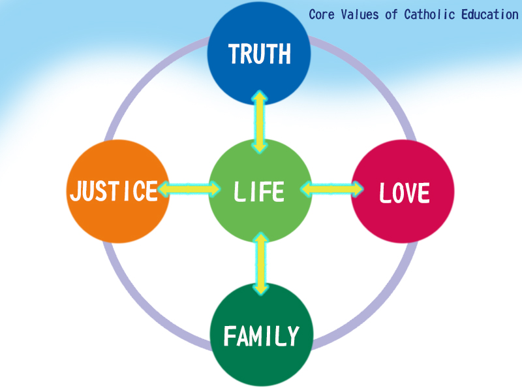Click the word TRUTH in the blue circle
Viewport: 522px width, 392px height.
tap(259, 54)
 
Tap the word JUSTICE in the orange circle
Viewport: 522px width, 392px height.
tap(114, 191)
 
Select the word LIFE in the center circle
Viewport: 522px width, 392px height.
tap(259, 191)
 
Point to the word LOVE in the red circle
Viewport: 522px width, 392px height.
tap(405, 193)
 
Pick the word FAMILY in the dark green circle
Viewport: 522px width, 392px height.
tap(262, 336)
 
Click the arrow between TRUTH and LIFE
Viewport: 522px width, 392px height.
tap(259, 122)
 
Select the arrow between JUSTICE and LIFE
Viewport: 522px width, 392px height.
tap(189, 189)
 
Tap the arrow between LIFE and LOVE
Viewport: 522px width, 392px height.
tap(332, 189)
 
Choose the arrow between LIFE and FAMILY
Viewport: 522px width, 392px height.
tap(260, 264)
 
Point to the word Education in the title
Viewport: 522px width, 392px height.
tap(490, 14)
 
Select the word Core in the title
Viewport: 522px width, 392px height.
tap(321, 14)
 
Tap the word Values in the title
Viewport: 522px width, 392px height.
tap(360, 14)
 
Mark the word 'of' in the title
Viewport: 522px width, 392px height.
tap(391, 14)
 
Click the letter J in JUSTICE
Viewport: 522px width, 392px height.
tap(76, 191)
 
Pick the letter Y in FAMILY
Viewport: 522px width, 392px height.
tap(292, 336)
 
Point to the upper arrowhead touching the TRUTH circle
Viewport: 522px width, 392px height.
tap(259, 96)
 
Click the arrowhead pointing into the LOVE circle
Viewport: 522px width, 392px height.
tap(357, 189)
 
